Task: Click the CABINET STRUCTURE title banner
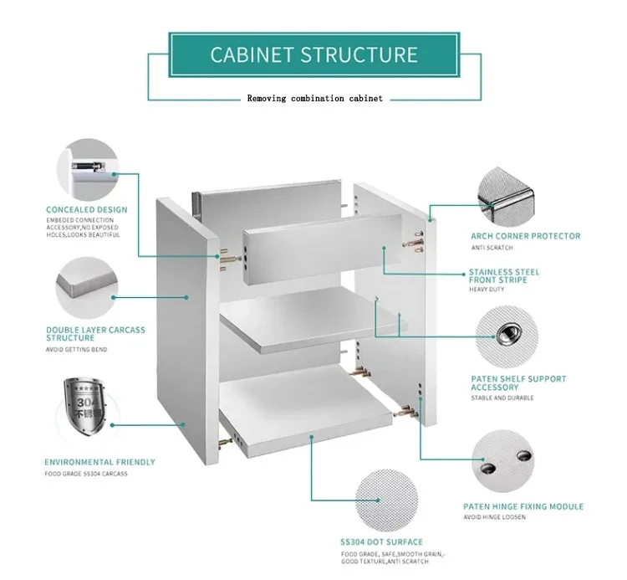313,55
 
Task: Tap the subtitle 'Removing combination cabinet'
314,99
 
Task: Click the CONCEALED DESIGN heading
87,209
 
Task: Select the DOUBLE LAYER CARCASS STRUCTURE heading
95,335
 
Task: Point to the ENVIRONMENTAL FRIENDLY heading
99,462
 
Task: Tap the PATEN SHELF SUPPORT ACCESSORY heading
518,383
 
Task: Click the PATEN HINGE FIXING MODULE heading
523,506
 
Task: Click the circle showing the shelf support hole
506,336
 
